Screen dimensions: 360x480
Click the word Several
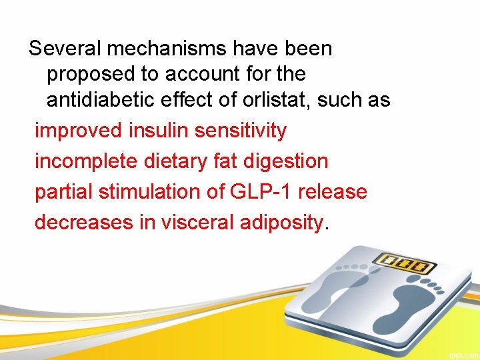tap(65, 49)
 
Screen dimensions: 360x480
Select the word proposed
tap(92, 74)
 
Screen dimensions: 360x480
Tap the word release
tap(333, 192)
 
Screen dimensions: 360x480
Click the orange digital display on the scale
tap(401, 264)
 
